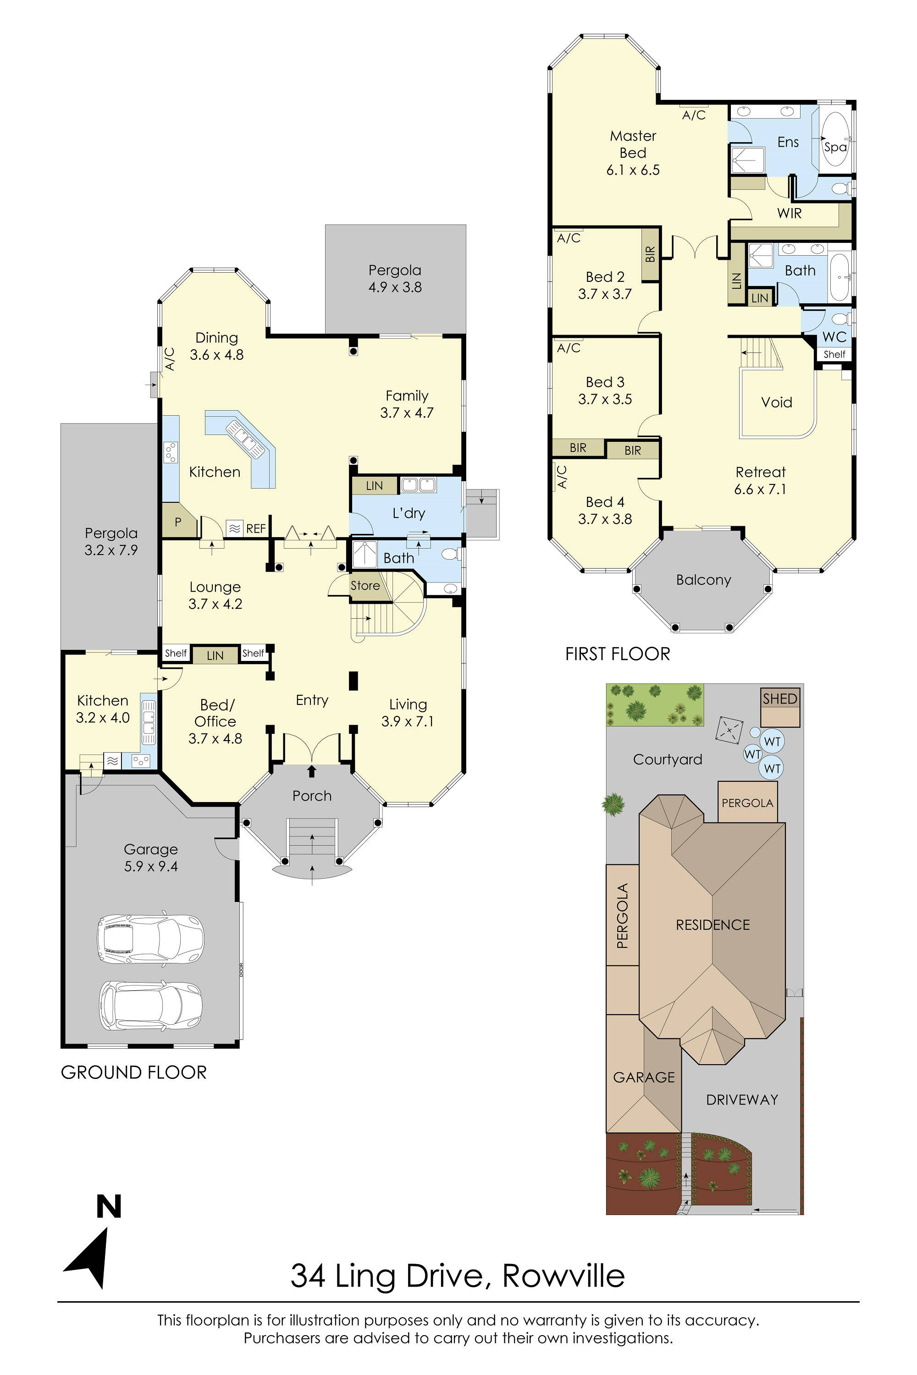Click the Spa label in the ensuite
[x=835, y=147]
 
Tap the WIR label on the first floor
[x=789, y=214]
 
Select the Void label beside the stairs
[x=776, y=402]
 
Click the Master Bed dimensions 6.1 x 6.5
[x=633, y=170]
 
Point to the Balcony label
[x=703, y=580]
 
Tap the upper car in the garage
[x=150, y=938]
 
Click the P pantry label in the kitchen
[x=178, y=522]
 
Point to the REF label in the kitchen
[x=255, y=529]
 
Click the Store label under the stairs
[x=365, y=586]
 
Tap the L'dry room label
[x=408, y=513]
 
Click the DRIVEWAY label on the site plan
[x=741, y=1100]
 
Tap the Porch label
[x=312, y=796]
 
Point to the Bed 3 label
[x=605, y=382]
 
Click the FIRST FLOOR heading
[x=618, y=654]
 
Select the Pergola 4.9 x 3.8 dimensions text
[x=395, y=287]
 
